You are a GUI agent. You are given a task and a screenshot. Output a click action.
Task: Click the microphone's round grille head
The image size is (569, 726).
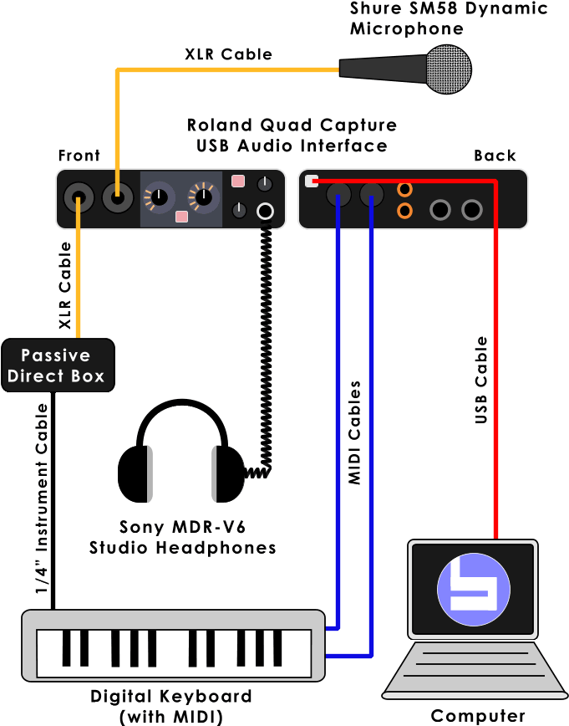click(x=448, y=65)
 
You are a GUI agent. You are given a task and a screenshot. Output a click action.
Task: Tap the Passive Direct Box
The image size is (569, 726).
click(x=57, y=366)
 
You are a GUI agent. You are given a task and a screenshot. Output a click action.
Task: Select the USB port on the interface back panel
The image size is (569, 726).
click(x=312, y=181)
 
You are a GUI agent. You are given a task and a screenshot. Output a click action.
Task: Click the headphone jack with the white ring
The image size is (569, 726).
click(x=266, y=211)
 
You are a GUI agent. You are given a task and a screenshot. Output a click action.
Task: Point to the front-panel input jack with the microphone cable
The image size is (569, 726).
click(x=117, y=199)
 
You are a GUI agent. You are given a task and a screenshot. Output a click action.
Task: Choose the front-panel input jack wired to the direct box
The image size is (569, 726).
click(x=79, y=199)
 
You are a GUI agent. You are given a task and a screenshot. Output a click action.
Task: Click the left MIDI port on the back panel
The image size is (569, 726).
click(x=338, y=197)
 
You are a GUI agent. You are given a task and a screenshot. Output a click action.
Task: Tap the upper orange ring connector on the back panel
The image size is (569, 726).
click(x=404, y=190)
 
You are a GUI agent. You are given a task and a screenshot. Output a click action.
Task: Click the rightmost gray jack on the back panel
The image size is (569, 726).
click(x=473, y=210)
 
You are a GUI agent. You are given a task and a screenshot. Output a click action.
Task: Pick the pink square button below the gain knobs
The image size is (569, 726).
click(x=181, y=217)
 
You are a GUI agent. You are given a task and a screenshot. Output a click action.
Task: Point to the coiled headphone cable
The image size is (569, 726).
click(x=265, y=351)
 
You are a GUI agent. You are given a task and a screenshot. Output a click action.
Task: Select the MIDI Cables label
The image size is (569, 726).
click(x=354, y=433)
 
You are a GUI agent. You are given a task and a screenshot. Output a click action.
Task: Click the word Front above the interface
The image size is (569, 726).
click(x=79, y=156)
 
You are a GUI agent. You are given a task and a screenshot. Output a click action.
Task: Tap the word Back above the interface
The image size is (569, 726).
click(x=495, y=156)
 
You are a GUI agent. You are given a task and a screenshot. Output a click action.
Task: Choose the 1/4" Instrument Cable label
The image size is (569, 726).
click(x=41, y=498)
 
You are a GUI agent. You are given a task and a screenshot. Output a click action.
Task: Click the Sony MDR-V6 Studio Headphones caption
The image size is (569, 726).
click(x=182, y=537)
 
